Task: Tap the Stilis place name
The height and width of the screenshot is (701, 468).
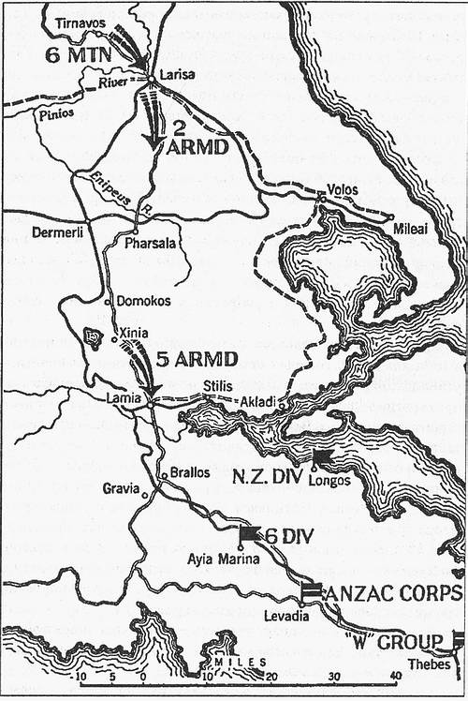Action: pos(216,385)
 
